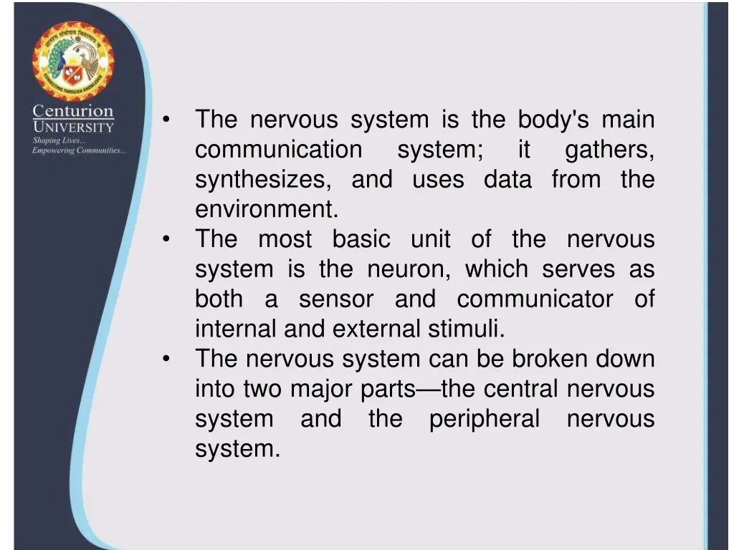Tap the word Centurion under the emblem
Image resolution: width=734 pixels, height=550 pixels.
click(x=72, y=112)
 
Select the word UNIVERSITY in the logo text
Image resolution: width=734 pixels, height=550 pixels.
click(x=72, y=127)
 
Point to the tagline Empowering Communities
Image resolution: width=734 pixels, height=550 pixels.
click(x=79, y=150)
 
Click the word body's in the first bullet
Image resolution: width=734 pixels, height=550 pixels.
click(x=553, y=120)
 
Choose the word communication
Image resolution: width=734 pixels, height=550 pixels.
click(x=279, y=150)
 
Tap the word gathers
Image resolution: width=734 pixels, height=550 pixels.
click(x=609, y=150)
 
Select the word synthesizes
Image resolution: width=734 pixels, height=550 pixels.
click(x=263, y=180)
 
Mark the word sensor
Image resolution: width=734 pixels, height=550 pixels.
click(x=336, y=299)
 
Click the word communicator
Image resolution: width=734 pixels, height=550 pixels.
click(x=535, y=299)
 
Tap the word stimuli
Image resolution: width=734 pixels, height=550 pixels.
click(x=467, y=329)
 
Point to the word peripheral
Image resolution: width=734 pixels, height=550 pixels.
click(x=485, y=419)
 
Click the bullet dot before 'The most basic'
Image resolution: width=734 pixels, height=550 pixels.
click(x=166, y=240)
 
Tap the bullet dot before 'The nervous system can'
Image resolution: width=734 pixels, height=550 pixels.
click(x=166, y=360)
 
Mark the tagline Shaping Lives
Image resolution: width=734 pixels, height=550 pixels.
click(x=59, y=140)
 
